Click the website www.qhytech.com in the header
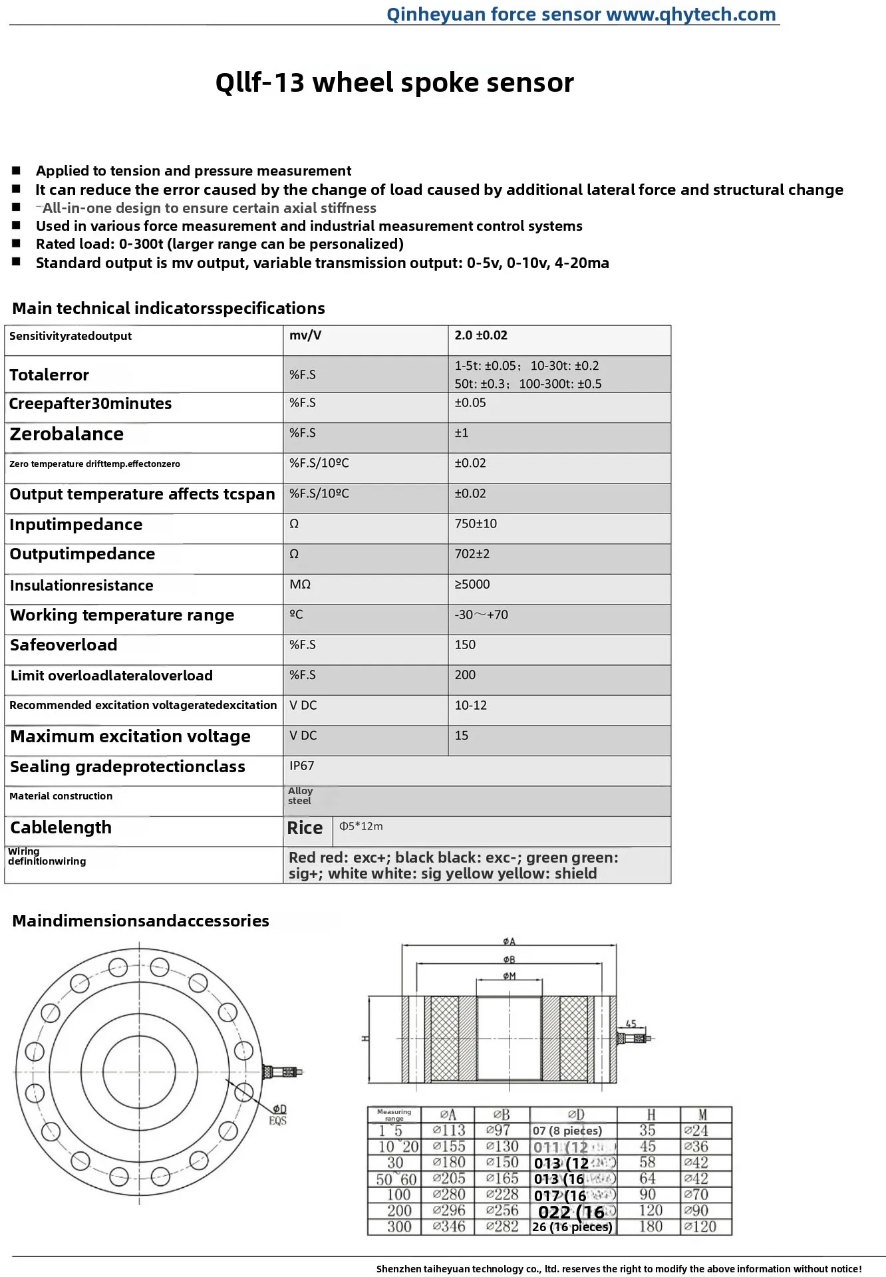click(691, 14)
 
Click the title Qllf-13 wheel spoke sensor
click(394, 83)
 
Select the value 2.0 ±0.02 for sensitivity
click(481, 335)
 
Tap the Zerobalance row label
click(67, 434)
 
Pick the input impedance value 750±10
click(476, 523)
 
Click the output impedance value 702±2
click(472, 553)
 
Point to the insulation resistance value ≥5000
click(472, 584)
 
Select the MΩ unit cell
click(300, 584)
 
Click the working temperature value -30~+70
click(481, 615)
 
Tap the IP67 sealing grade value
click(301, 766)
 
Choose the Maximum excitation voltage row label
click(130, 736)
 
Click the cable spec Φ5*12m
click(361, 826)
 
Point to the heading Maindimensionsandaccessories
click(140, 921)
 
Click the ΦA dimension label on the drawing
click(509, 941)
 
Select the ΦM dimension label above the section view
click(509, 976)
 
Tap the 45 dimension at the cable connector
click(631, 1024)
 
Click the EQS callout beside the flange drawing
click(278, 1121)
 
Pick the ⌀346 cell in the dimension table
click(449, 1226)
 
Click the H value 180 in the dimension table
click(649, 1226)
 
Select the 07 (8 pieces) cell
click(567, 1131)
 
